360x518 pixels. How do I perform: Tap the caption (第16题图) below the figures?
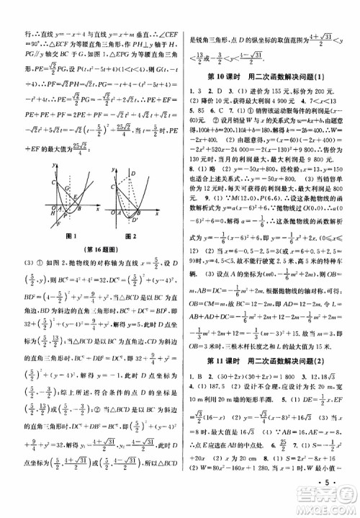tap(94, 250)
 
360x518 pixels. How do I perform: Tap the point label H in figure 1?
tap(44, 213)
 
